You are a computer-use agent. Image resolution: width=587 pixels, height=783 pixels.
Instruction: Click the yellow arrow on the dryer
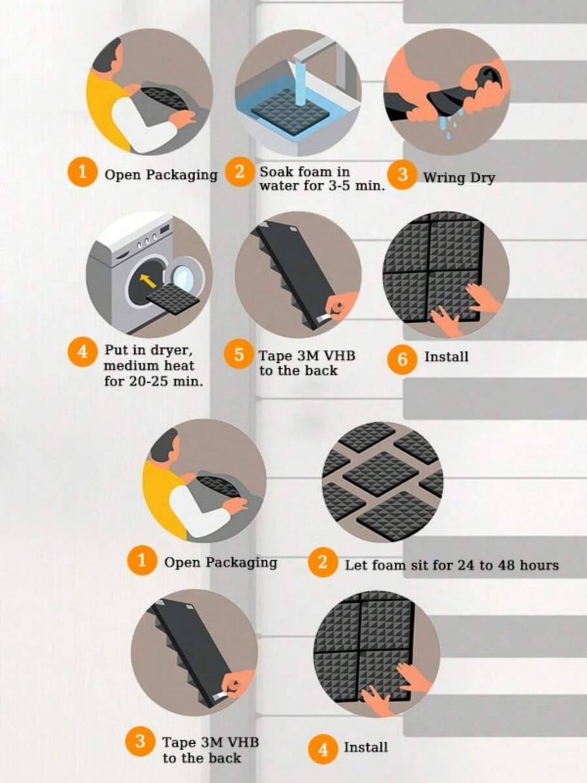pos(147,281)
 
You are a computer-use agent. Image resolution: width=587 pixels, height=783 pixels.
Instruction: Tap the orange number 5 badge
pos(239,355)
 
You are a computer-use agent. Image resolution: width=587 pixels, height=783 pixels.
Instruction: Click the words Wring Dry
pos(459,178)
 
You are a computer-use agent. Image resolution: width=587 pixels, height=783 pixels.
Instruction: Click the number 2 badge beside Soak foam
pos(240,172)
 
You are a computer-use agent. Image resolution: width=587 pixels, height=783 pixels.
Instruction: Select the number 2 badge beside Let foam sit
pos(322,563)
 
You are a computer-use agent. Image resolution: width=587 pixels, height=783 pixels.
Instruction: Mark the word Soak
pos(276,172)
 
